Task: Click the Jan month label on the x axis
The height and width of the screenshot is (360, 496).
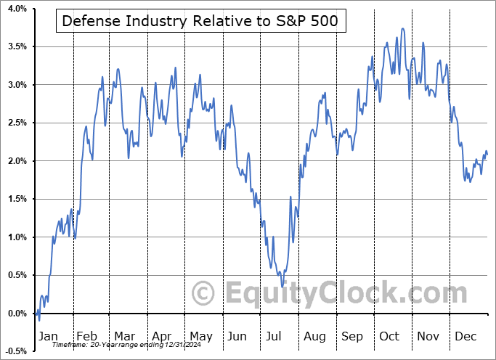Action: click(x=47, y=337)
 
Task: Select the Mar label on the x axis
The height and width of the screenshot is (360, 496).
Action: click(x=126, y=337)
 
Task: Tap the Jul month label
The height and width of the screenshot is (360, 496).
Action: click(x=274, y=337)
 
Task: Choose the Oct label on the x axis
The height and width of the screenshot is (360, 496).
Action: click(x=389, y=337)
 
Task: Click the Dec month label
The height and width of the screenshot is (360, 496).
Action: click(x=466, y=337)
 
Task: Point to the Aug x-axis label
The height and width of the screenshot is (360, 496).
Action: click(x=314, y=337)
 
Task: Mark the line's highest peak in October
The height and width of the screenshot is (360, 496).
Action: click(x=402, y=29)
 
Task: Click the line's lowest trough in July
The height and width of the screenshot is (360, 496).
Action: click(x=281, y=276)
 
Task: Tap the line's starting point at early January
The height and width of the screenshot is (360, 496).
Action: click(x=36, y=313)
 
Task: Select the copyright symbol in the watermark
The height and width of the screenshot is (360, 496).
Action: click(x=204, y=293)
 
